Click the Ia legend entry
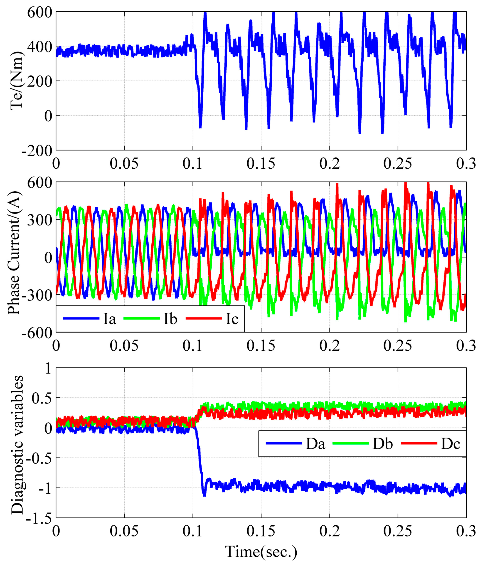[x=109, y=319]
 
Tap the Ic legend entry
[x=232, y=319]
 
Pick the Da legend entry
[x=315, y=444]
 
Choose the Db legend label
[x=382, y=444]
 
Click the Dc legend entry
[x=450, y=444]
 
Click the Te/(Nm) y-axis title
[x=16, y=81]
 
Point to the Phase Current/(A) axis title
[x=14, y=253]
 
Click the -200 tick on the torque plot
[x=37, y=151]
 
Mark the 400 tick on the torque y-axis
[x=40, y=47]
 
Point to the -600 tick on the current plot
[x=37, y=333]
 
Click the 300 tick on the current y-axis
[x=40, y=220]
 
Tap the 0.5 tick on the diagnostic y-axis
[x=42, y=398]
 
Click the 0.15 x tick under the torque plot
[x=261, y=164]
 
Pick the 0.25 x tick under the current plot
[x=398, y=346]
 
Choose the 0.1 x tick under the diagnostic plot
[x=193, y=531]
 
